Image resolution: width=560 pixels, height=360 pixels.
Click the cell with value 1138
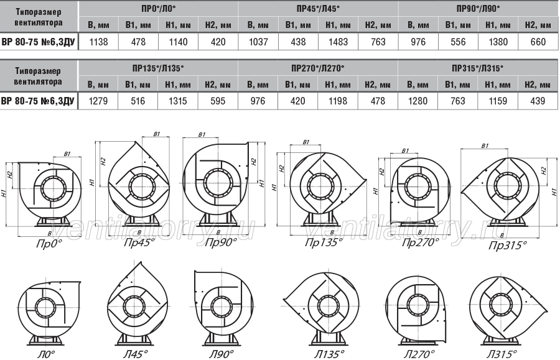(98, 42)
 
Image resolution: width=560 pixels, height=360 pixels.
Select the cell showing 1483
(338, 42)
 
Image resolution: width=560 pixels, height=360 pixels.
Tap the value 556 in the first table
(458, 42)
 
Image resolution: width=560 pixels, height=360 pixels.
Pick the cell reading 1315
(178, 101)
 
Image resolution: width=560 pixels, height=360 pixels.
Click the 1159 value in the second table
(498, 101)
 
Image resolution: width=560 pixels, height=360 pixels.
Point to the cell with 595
(218, 101)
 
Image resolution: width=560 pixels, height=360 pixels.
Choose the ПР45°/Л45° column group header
(318, 9)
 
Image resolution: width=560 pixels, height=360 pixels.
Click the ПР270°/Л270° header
(318, 68)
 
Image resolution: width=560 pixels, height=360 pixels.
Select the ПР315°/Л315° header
(477, 68)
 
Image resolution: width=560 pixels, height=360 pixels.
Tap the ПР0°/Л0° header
(159, 9)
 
